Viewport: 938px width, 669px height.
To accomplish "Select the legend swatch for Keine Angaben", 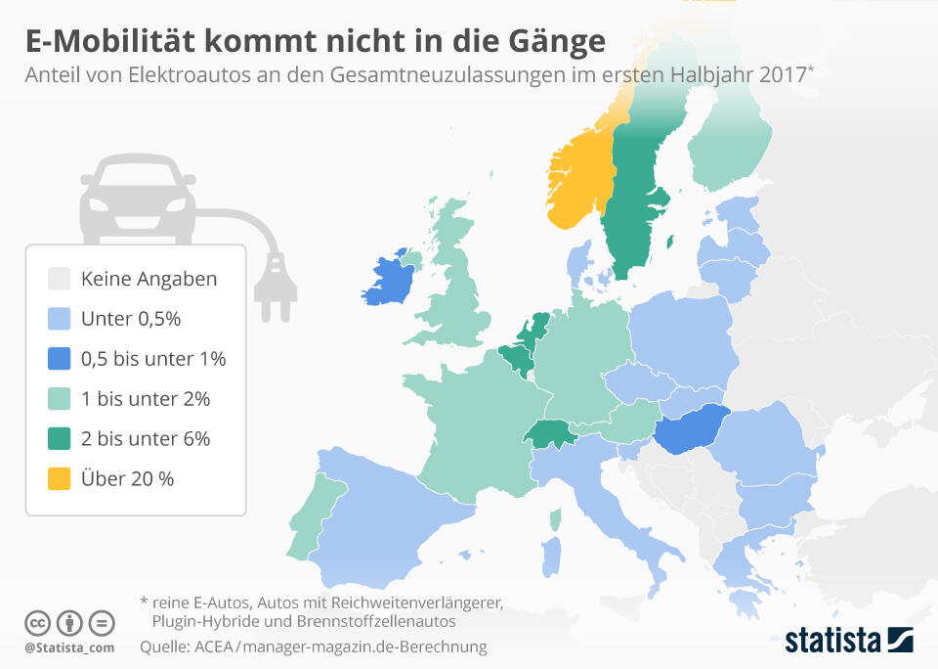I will click(x=60, y=279).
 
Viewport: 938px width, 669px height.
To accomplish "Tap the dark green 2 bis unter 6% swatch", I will click(x=60, y=438).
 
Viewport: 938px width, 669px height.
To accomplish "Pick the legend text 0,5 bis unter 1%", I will click(x=153, y=359).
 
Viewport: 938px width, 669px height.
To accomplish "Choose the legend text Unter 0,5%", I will click(x=131, y=319).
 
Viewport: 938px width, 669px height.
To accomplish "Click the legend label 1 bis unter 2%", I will click(x=146, y=399).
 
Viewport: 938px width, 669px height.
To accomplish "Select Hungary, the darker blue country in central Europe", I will click(x=690, y=427).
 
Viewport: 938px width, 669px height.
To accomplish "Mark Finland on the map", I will click(x=728, y=147).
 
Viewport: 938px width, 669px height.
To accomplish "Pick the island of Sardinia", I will click(x=552, y=556).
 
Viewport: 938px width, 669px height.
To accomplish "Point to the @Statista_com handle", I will click(x=69, y=647).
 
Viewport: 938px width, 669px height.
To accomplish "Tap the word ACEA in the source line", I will click(x=211, y=647).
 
